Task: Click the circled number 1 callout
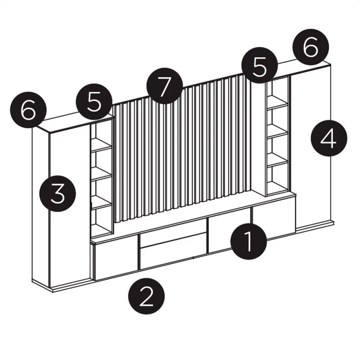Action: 249,241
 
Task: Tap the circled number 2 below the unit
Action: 147,296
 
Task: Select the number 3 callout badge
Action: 58,193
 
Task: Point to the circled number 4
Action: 329,138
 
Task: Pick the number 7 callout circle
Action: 165,86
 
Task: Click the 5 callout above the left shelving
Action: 94,102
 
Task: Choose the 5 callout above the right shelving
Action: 260,65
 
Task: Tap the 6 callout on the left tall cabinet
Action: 28,110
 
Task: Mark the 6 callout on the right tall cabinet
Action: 310,47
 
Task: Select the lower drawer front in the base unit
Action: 172,252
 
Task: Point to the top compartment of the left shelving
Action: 101,136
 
